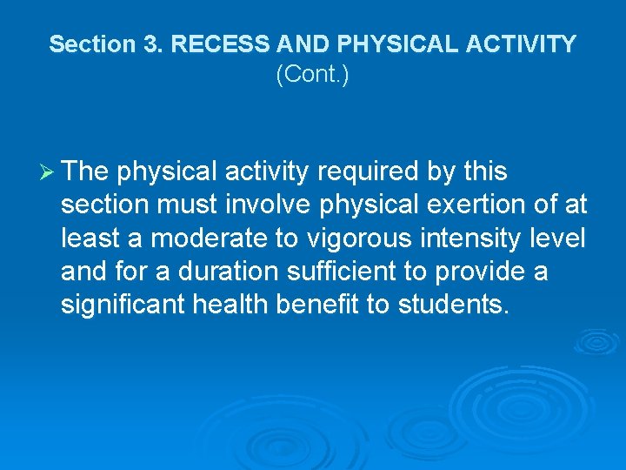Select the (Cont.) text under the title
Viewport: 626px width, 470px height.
(x=312, y=76)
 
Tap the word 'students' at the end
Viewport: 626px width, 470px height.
(x=461, y=305)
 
